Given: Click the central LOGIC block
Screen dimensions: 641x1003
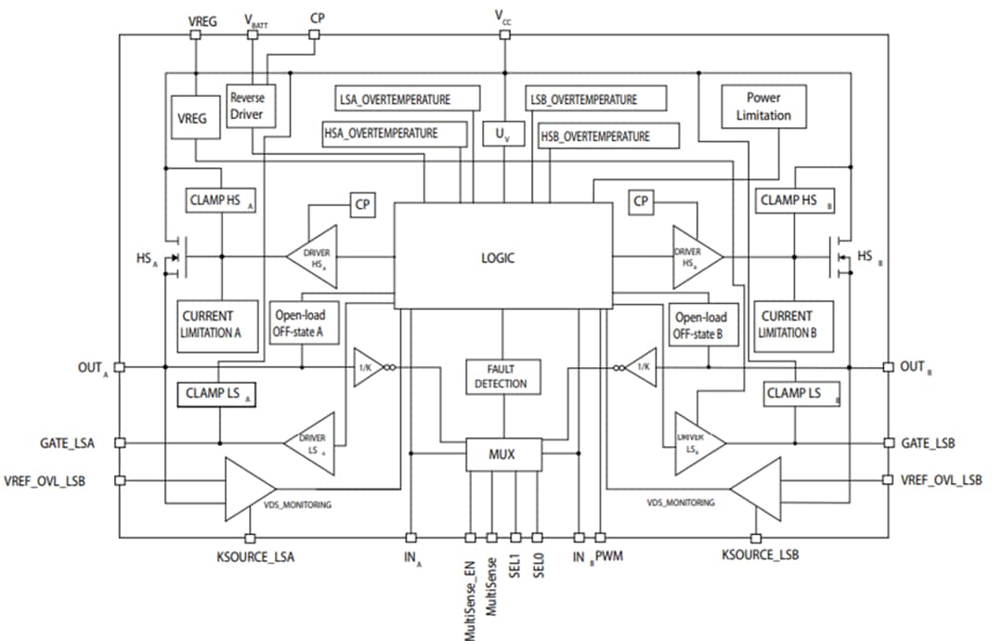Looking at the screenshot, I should pyautogui.click(x=502, y=256).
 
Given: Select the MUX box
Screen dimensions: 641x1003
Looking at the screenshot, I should pyautogui.click(x=501, y=455).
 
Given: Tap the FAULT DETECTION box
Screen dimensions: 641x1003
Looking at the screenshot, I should pyautogui.click(x=501, y=376).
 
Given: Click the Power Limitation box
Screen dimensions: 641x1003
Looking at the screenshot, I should pyautogui.click(x=763, y=107).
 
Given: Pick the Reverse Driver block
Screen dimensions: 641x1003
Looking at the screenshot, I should pyautogui.click(x=247, y=106).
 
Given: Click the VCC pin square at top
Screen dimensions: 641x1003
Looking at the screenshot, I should pyautogui.click(x=504, y=34).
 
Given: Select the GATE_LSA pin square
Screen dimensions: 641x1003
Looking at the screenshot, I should pyautogui.click(x=119, y=443).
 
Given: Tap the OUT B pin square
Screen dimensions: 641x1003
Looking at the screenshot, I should pyautogui.click(x=888, y=367).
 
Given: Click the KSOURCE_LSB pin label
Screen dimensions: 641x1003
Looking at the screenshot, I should pyautogui.click(x=760, y=555).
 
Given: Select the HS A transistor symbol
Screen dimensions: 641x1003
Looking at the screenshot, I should pyautogui.click(x=176, y=256).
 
